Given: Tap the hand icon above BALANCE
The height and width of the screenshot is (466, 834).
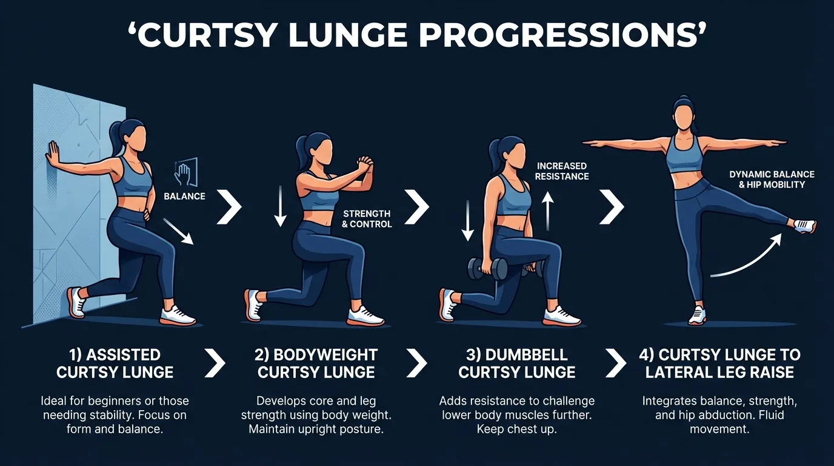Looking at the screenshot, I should coord(184,173).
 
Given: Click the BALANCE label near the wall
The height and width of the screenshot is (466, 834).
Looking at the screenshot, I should coord(184,197).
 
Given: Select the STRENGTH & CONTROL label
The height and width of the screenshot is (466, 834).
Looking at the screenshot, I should coord(367,219).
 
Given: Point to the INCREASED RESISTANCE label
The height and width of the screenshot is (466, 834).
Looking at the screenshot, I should coord(562,171).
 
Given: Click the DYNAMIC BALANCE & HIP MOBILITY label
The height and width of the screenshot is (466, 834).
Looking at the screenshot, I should coord(772,179).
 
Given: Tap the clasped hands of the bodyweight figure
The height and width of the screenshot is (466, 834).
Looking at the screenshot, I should coord(363,165).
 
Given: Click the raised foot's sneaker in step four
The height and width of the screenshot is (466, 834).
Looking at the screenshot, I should coord(804,226).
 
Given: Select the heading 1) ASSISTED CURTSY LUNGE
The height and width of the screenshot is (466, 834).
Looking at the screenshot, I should coord(115,363).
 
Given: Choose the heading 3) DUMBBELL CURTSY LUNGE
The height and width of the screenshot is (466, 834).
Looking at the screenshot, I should coord(516,363).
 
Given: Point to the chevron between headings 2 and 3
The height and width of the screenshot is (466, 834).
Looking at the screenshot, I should coord(416,363).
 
